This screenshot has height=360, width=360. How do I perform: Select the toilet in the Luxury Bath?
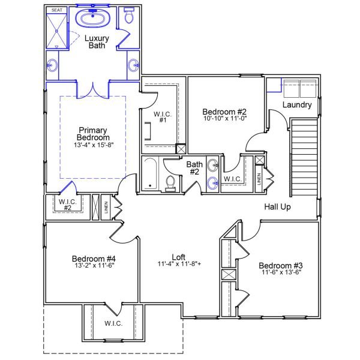[x=128, y=16]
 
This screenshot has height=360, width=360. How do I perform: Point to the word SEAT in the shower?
[x=57, y=10]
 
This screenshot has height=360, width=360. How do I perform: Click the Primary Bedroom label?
[x=92, y=134]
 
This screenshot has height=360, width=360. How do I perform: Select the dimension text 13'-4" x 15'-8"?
[x=92, y=145]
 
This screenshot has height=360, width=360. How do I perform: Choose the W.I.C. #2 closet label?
[x=68, y=205]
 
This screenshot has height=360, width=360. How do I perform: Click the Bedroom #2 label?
[x=224, y=112]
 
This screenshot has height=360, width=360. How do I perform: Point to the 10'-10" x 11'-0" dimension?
[x=224, y=119]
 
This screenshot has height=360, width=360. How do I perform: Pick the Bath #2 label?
[x=194, y=168]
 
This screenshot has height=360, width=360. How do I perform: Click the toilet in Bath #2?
[x=170, y=182]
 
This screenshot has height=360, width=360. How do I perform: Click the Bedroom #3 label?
[x=280, y=265]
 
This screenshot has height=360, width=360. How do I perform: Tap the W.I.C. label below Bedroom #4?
[x=113, y=323]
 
